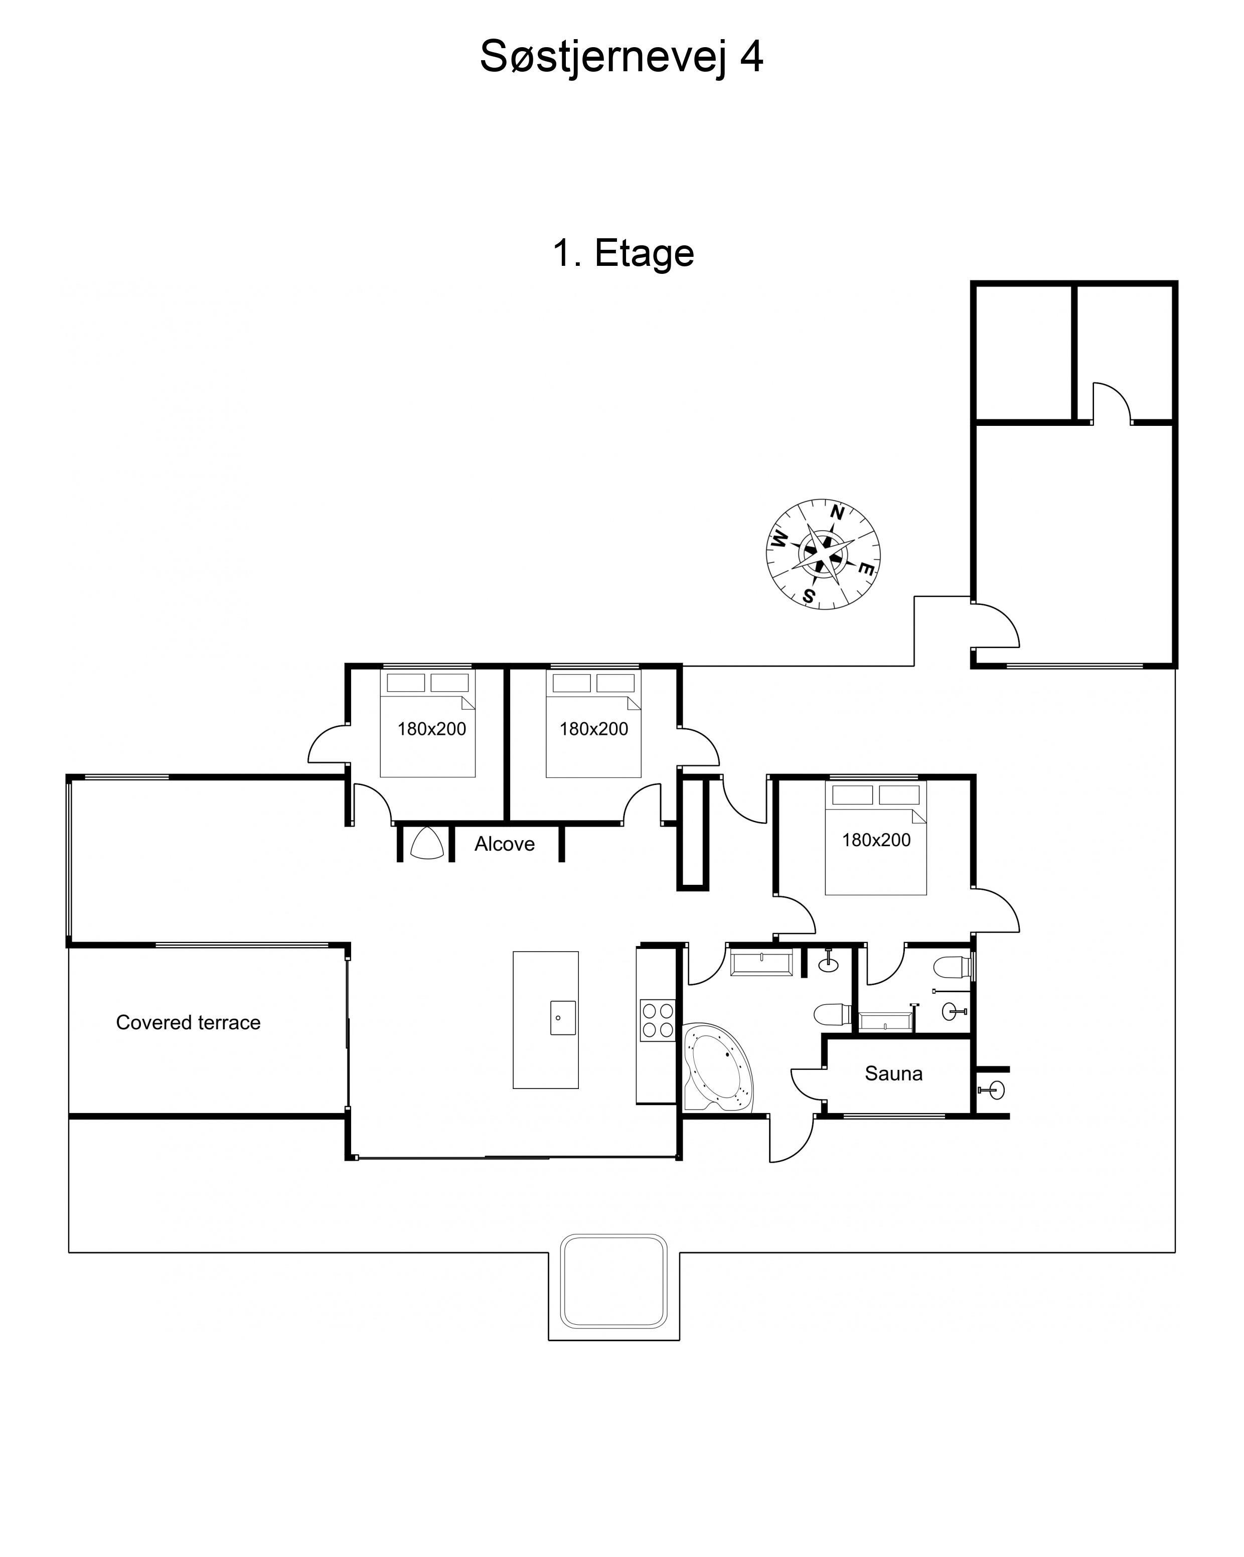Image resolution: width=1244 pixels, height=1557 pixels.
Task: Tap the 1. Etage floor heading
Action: (x=623, y=253)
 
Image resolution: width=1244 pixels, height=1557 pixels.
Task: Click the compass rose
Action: (x=823, y=554)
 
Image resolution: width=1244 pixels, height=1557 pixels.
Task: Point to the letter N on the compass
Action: (x=838, y=513)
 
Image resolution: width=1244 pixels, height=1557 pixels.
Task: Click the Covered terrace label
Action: (x=189, y=1023)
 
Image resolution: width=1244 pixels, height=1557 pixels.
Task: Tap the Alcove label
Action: (x=505, y=844)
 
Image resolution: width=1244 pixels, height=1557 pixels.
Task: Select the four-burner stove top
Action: (x=658, y=1020)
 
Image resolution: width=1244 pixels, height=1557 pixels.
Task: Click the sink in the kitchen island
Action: (x=563, y=1018)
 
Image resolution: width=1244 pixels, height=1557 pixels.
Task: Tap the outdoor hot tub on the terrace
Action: (x=613, y=1282)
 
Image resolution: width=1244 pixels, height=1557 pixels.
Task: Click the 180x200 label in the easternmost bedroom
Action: (x=876, y=840)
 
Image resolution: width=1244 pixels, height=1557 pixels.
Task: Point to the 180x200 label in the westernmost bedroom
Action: (x=432, y=729)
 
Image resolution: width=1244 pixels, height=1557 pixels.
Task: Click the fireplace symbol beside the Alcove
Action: (x=427, y=843)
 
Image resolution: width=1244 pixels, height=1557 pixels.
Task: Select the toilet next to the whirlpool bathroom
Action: (x=833, y=1015)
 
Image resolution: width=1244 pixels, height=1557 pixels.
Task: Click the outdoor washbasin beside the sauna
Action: (x=994, y=1090)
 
